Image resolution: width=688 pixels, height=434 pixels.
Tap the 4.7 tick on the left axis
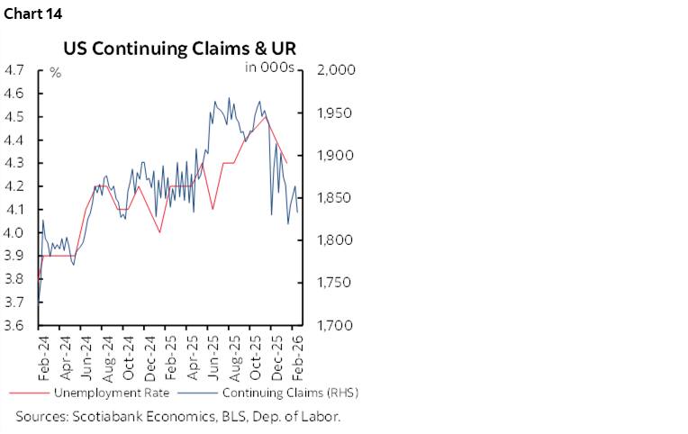[15, 69]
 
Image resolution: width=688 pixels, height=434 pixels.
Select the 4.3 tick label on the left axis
[15, 163]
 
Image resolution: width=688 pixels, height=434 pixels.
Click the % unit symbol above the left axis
[55, 72]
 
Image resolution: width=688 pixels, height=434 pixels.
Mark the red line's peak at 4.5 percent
[265, 116]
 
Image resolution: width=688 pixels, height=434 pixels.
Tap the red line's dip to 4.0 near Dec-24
[159, 232]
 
